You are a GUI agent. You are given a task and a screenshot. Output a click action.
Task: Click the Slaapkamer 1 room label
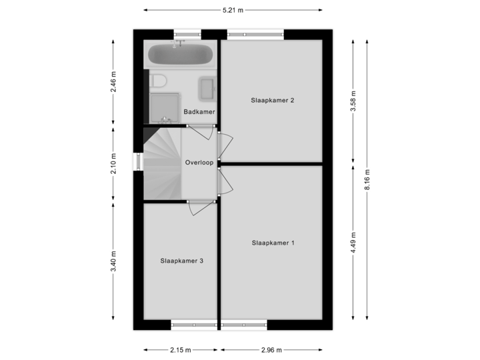coord(273,243)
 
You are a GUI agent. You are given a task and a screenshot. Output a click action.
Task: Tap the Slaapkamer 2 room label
coord(273,101)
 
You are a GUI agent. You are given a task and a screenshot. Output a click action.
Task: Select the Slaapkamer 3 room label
coord(181,261)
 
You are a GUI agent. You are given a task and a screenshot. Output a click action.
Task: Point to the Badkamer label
coord(199,112)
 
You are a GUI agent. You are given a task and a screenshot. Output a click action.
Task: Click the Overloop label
coord(199,162)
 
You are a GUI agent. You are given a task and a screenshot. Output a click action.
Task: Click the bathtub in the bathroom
coord(180,54)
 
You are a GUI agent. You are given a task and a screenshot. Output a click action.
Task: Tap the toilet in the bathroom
coord(159,81)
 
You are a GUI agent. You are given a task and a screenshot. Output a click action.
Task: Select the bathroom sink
coord(206,87)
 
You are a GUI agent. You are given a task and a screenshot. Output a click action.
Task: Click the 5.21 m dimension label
coord(233,10)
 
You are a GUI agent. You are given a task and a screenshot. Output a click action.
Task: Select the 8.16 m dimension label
coord(367,180)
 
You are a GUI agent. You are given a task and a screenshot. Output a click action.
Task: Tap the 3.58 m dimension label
coord(354,101)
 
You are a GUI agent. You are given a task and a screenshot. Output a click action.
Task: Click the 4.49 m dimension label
coord(354,243)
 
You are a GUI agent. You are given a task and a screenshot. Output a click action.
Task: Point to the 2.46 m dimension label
coord(114,83)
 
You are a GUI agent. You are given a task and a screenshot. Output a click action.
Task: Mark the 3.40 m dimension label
coord(114,261)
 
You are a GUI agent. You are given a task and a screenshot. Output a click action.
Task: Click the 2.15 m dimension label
coord(180,349)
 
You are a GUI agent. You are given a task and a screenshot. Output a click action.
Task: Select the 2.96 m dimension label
coord(271,349)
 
